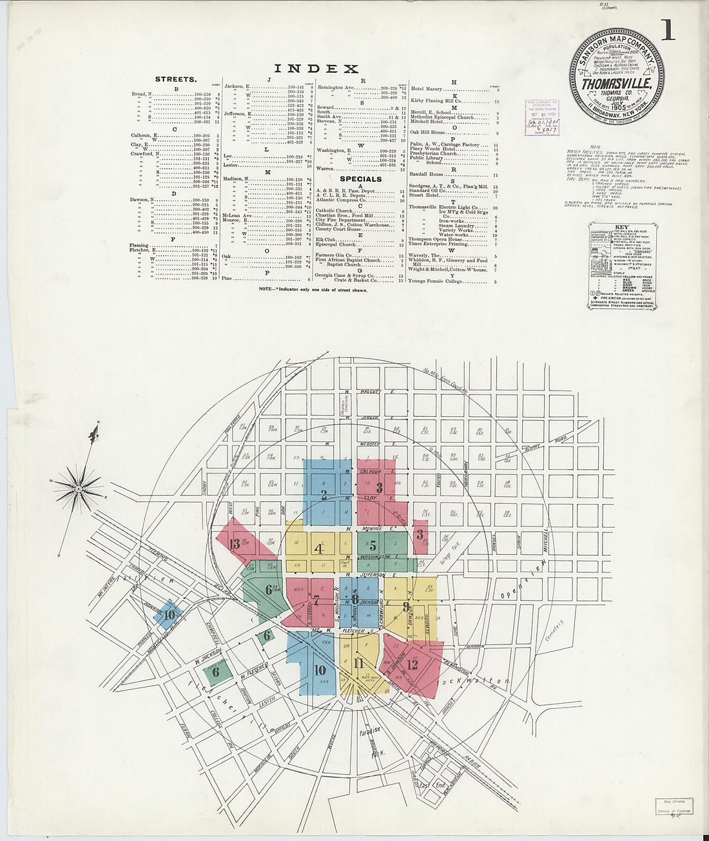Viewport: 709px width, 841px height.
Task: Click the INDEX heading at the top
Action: (x=316, y=69)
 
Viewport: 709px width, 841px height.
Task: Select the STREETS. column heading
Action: (x=176, y=79)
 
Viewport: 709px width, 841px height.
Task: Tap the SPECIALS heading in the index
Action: (x=360, y=179)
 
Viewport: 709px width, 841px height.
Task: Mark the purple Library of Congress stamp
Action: (x=541, y=117)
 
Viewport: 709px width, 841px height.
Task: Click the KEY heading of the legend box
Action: (x=622, y=227)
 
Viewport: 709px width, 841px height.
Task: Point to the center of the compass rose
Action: (x=78, y=489)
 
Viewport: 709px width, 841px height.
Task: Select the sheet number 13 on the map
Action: (x=234, y=544)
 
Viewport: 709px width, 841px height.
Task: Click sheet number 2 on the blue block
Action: (x=324, y=495)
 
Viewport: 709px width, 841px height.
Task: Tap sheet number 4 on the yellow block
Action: (x=318, y=549)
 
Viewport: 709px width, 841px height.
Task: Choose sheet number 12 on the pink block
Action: (x=413, y=665)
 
